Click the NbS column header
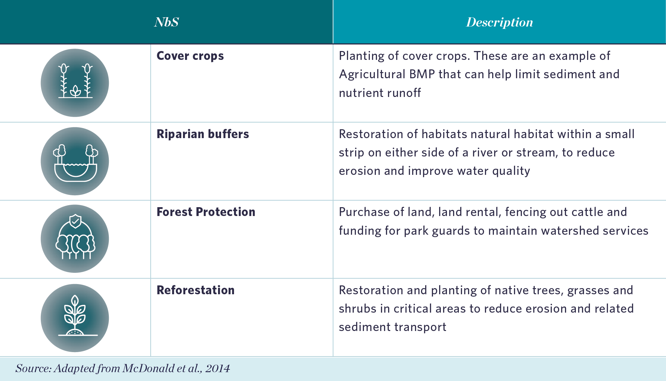coord(166,22)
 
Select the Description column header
coord(499,22)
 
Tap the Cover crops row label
coord(190,56)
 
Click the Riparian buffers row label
coord(202,134)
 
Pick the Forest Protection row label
coord(205,212)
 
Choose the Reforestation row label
coord(195,290)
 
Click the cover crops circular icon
coord(75,83)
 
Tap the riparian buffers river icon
coord(75,161)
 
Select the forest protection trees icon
coord(75,239)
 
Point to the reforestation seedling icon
coord(75,318)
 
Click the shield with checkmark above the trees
coord(75,221)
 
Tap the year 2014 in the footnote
coord(217,368)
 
